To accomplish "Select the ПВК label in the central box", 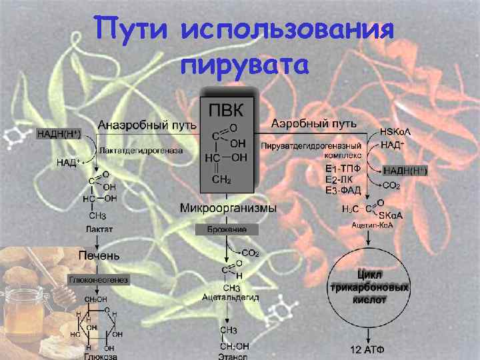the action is click(227, 109).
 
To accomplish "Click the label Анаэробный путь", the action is click(147, 125).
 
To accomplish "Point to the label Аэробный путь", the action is click(314, 124).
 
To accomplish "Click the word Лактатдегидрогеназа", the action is click(141, 151).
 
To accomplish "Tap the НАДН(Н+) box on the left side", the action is click(59, 134).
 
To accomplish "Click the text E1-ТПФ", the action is click(343, 169).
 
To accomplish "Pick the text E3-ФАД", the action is click(343, 190).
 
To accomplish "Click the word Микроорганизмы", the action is click(228, 209).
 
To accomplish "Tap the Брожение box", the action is click(227, 229).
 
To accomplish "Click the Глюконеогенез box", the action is click(99, 279).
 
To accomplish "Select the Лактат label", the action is click(99, 229).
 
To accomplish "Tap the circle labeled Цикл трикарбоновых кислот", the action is click(370, 287).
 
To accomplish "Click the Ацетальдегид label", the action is click(231, 297).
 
